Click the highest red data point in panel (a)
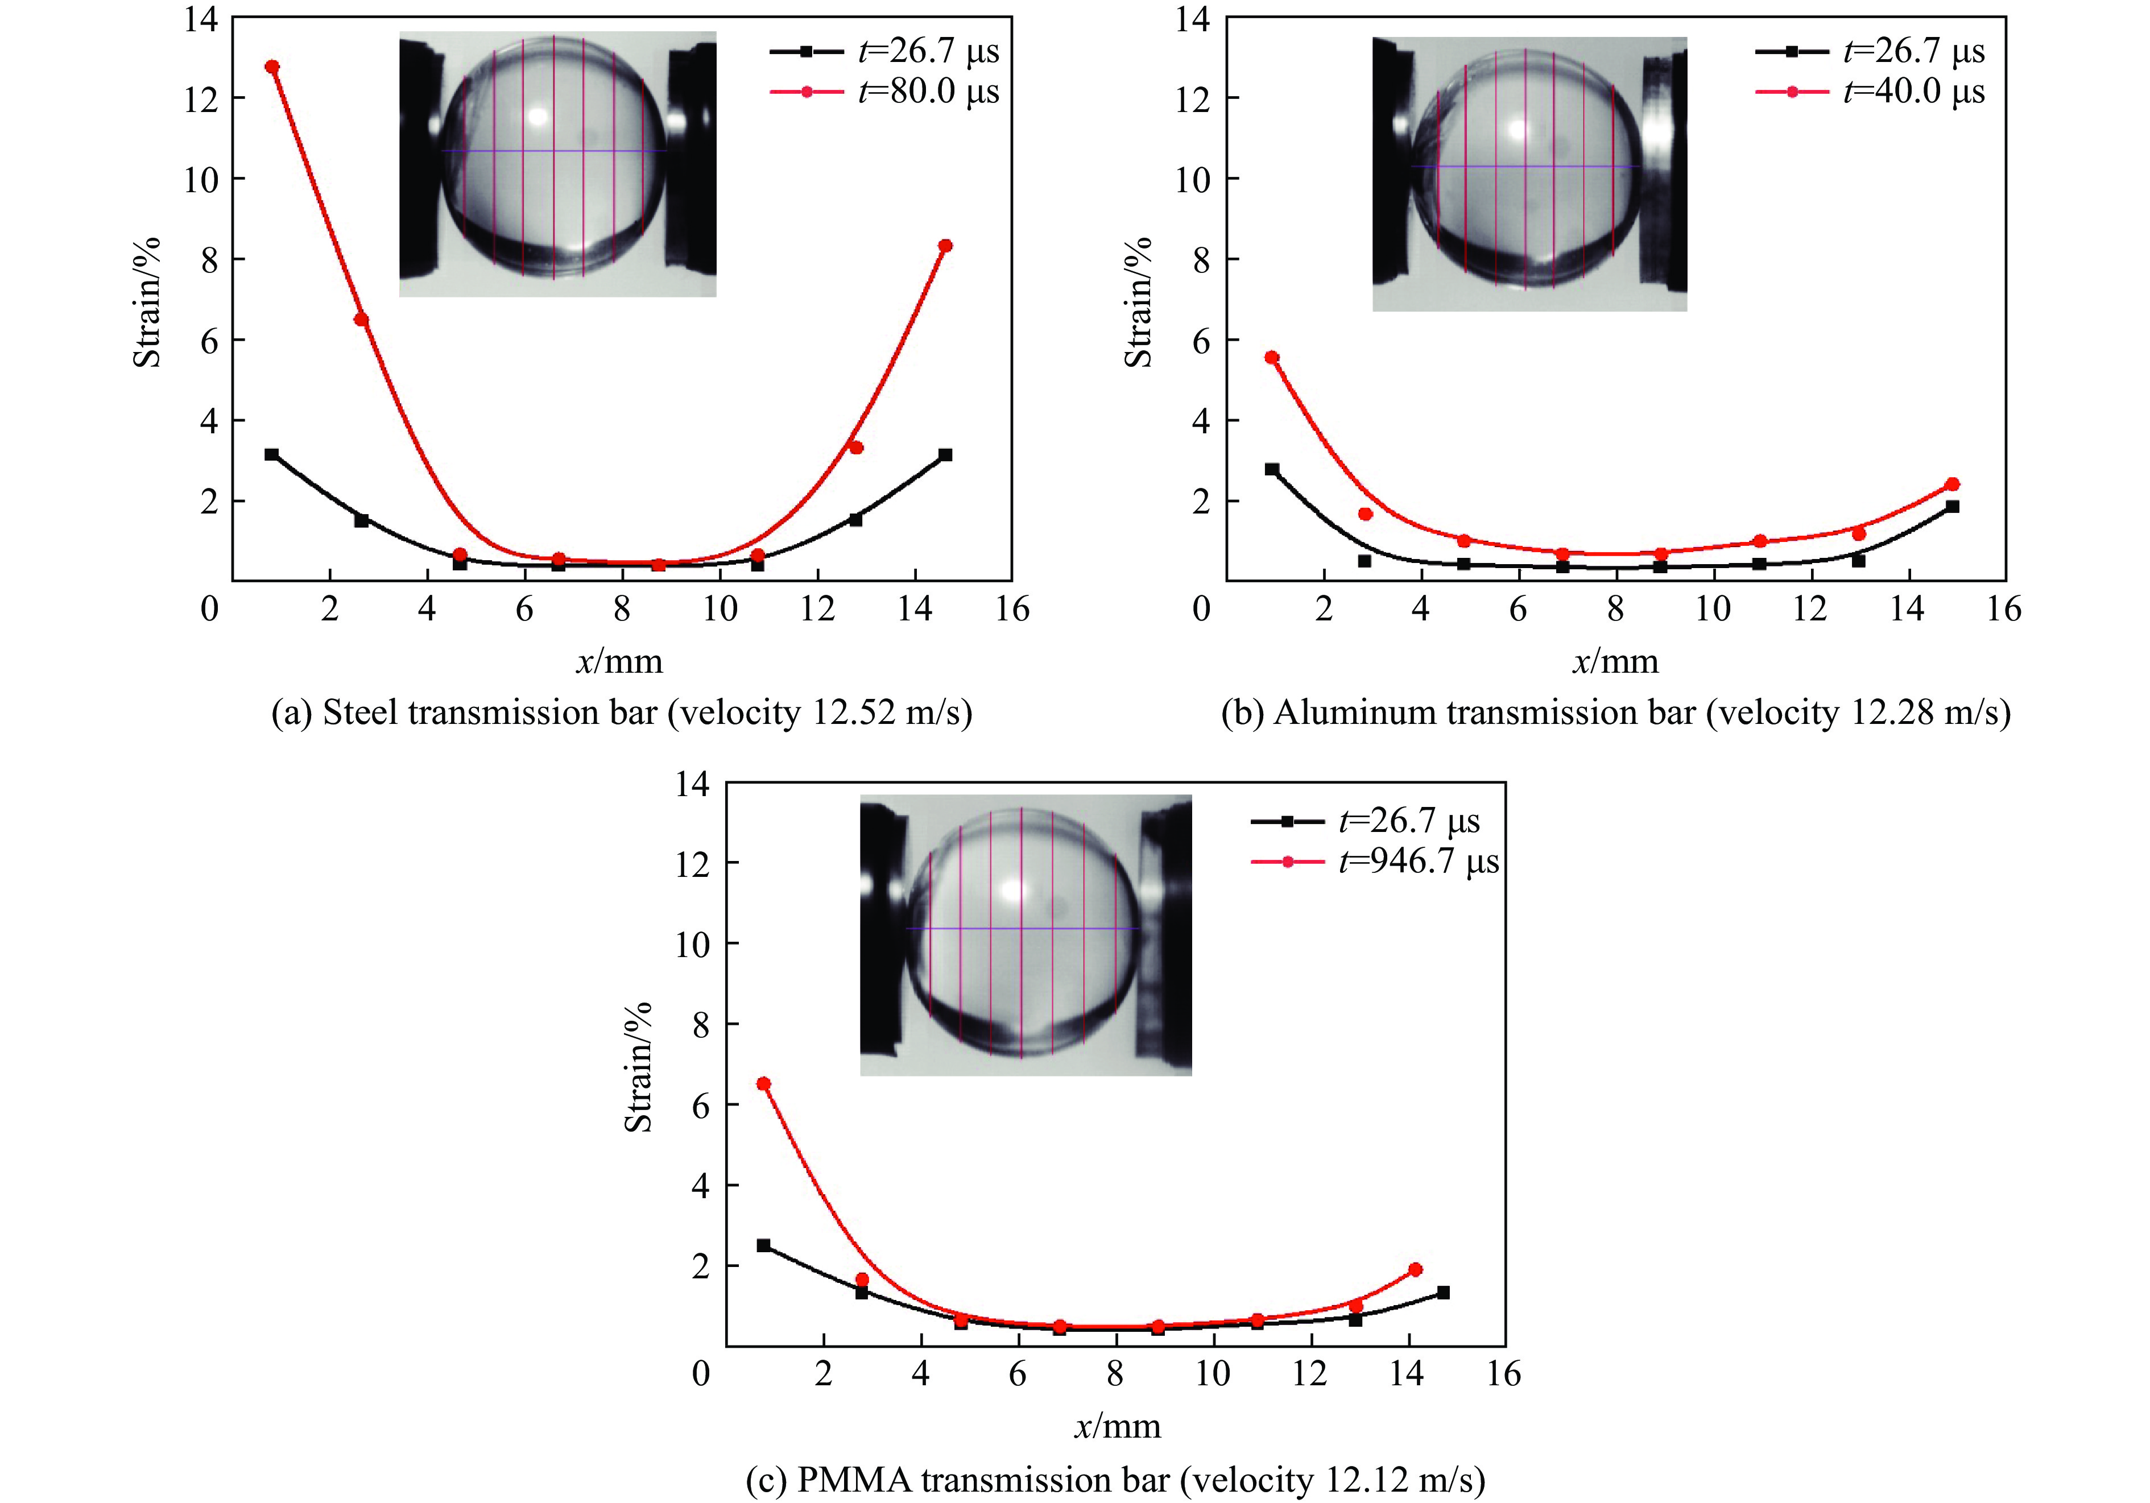(271, 67)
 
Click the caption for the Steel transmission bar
(622, 714)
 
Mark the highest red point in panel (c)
(763, 1083)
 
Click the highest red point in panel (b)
(1271, 357)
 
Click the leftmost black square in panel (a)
(271, 454)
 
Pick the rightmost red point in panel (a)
(945, 245)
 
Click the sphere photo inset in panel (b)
(1528, 173)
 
